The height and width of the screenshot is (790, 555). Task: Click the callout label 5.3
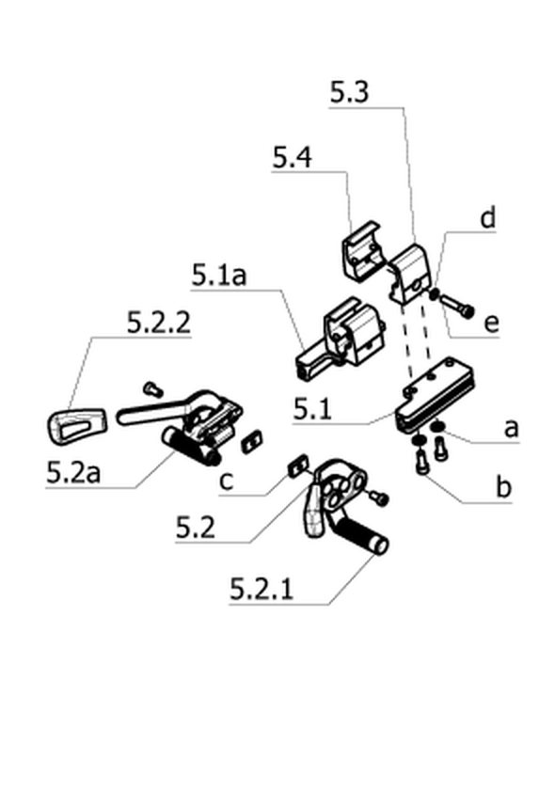click(349, 92)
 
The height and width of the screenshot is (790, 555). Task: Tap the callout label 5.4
click(293, 157)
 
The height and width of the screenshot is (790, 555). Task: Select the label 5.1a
click(219, 275)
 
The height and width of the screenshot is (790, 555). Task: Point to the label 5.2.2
click(159, 322)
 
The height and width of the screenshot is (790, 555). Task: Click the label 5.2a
click(73, 472)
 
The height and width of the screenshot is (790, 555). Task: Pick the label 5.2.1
click(262, 588)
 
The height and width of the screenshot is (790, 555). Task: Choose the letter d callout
click(487, 217)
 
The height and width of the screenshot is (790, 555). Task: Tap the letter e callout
click(491, 323)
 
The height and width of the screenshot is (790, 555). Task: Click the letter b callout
click(503, 487)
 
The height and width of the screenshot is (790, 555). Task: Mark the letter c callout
click(227, 482)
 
